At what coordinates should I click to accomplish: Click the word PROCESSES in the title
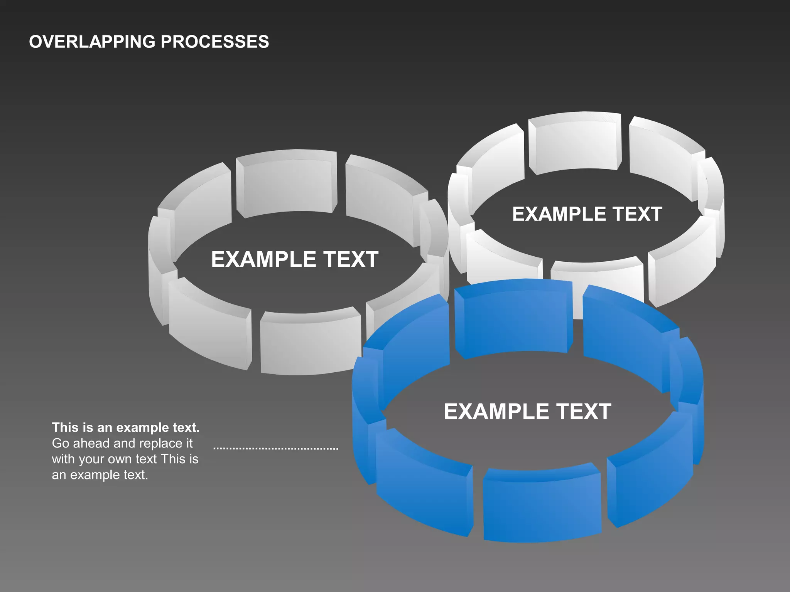coord(215,42)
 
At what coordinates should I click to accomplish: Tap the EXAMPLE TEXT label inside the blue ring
coord(527,411)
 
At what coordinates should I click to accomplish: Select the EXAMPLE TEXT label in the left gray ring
coord(295,259)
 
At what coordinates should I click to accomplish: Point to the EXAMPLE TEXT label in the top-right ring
coord(587,214)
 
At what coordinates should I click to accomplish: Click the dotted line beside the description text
coord(276,449)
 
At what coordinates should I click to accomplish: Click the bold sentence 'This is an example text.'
coord(126,427)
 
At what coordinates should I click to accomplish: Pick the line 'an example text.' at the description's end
coord(100,475)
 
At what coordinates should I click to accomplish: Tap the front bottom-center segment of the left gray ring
coord(311,343)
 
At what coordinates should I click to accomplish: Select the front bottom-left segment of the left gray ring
coord(208,328)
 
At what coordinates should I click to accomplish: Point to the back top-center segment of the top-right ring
coord(575,145)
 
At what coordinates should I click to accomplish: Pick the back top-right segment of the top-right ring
coord(663,154)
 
